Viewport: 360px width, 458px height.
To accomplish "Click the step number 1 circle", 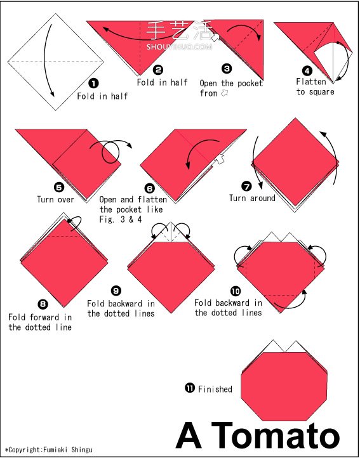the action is [93, 84].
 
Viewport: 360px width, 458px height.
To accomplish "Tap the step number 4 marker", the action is [307, 70].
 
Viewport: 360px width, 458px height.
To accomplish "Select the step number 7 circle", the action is [246, 186].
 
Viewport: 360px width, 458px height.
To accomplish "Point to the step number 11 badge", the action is [189, 388].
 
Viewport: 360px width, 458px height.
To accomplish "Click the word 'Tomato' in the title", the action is [275, 436].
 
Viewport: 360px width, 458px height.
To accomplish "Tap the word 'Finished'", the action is [215, 389].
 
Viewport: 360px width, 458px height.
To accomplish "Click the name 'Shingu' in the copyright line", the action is [82, 450].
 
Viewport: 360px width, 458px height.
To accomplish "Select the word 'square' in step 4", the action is [321, 92].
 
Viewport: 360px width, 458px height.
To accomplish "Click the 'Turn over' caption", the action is [56, 199].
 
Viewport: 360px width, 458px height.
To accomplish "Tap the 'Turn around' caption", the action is [252, 198].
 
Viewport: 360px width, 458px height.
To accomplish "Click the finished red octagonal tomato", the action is [284, 386].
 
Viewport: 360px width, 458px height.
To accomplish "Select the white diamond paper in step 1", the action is [56, 62].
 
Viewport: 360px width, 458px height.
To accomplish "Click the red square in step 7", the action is [295, 162].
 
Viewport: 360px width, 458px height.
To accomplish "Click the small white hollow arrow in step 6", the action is [220, 159].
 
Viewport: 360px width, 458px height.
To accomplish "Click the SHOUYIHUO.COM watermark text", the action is [179, 46].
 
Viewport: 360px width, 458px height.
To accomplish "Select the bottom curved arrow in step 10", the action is [290, 301].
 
